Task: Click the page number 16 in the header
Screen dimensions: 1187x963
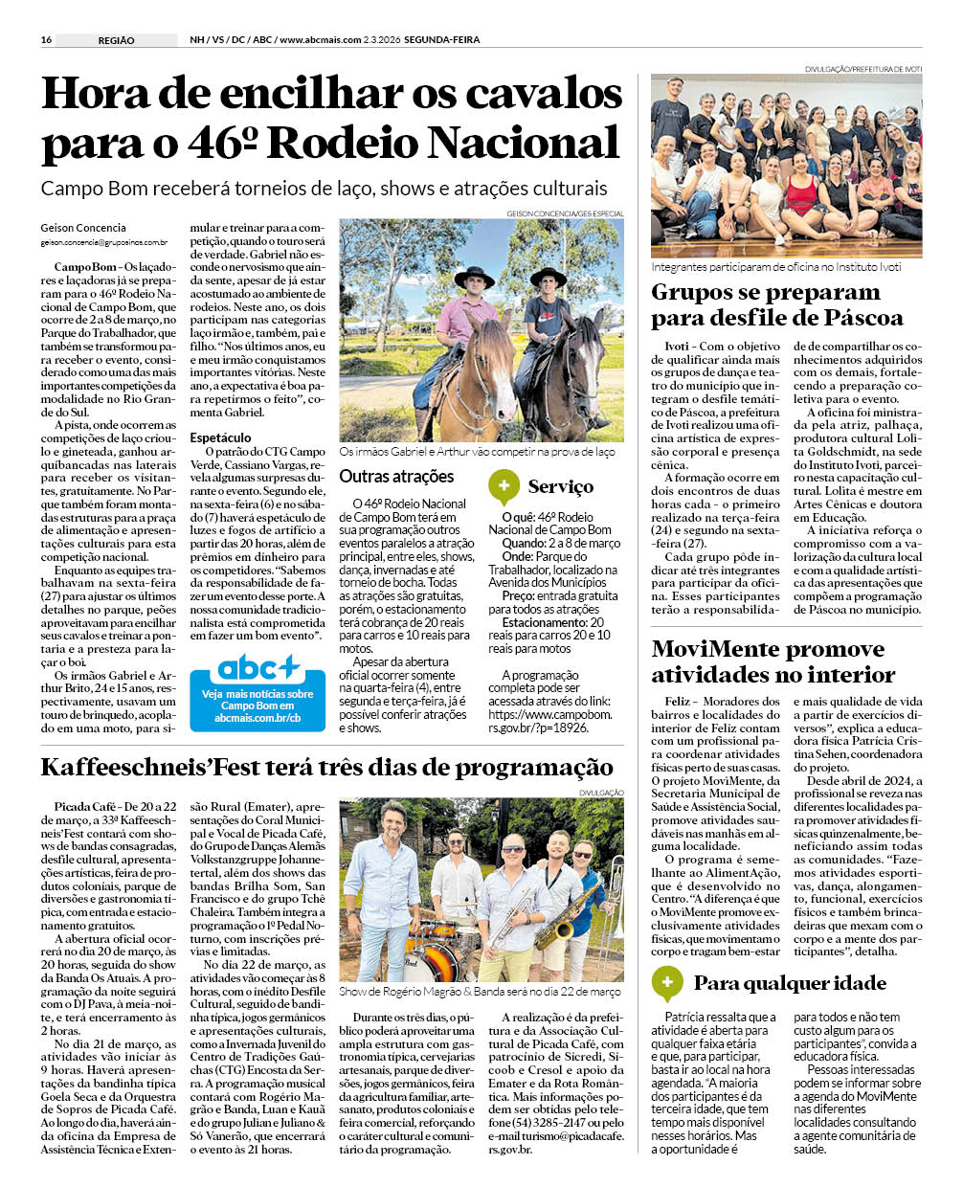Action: click(x=46, y=40)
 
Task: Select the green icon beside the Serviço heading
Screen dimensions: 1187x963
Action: click(x=504, y=485)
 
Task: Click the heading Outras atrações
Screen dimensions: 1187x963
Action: click(x=396, y=477)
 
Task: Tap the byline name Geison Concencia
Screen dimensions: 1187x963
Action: click(x=83, y=228)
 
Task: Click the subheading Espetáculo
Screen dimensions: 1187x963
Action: click(x=220, y=437)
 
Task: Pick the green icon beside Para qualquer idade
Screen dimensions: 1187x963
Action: click(x=666, y=982)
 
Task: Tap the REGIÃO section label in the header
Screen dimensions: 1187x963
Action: click(x=116, y=40)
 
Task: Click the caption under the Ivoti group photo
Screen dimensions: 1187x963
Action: click(x=776, y=267)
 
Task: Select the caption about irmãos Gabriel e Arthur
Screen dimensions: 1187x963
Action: click(x=477, y=452)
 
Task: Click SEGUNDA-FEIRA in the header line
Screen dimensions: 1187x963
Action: click(x=441, y=40)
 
